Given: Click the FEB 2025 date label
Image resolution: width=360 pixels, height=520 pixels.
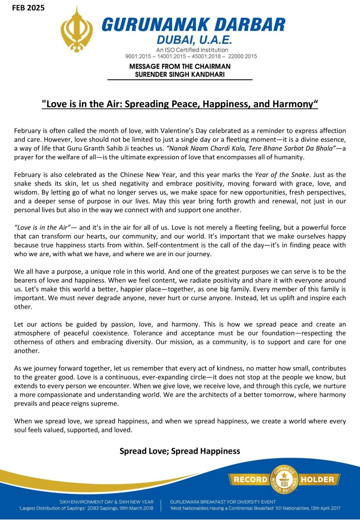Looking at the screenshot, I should (28, 8).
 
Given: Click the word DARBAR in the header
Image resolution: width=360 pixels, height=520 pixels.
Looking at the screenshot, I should (250, 25).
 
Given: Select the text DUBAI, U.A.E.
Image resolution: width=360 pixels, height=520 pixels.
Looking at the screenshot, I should (194, 41).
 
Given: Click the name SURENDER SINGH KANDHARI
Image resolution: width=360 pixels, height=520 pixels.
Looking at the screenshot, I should (180, 74).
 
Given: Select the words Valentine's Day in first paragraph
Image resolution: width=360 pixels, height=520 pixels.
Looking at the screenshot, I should (184, 131).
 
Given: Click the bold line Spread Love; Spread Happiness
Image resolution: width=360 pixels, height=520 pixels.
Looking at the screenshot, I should (180, 451).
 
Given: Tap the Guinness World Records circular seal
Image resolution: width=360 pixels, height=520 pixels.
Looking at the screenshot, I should (284, 479).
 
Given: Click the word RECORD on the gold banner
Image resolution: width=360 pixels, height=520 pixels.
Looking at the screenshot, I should (250, 479).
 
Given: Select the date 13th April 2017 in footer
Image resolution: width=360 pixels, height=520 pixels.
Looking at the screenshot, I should (325, 508).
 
